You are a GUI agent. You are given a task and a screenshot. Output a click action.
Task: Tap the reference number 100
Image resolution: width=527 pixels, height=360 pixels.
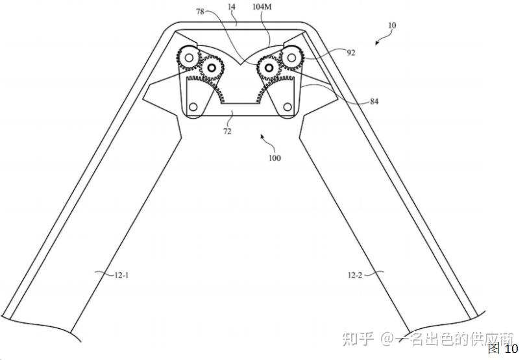click(273, 158)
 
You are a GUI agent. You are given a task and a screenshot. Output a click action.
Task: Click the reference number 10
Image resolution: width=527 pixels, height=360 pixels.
click(391, 26)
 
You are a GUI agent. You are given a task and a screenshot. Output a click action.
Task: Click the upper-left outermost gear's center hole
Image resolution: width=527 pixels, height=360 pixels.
click(188, 59)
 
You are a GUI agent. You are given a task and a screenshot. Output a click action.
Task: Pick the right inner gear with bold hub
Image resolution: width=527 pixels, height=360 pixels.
click(267, 66)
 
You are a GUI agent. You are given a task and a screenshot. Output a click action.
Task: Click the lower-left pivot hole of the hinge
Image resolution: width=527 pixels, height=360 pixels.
click(193, 107)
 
